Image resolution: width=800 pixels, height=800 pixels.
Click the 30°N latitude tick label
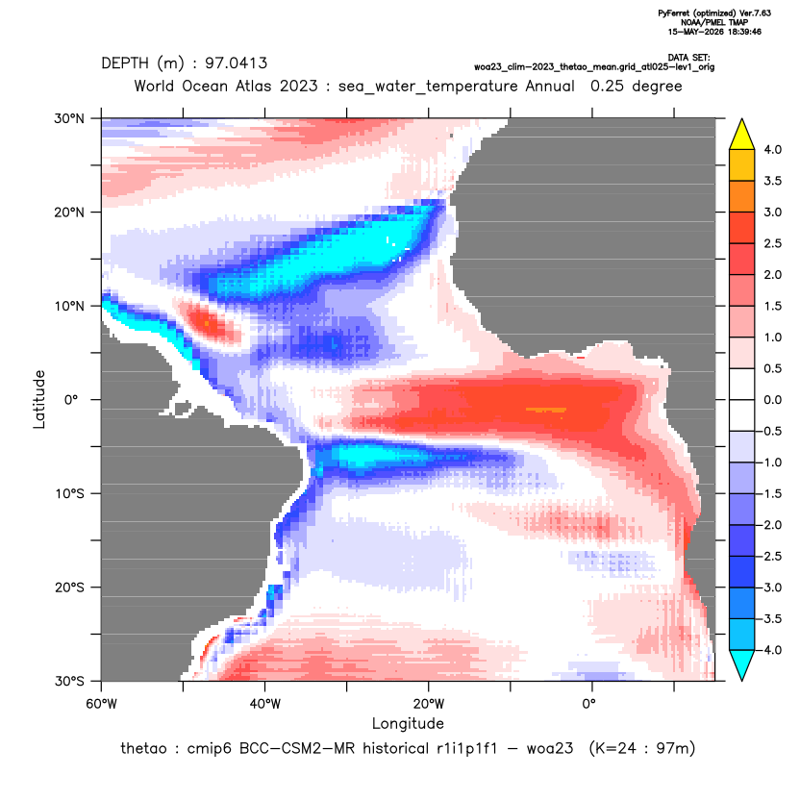coord(69,118)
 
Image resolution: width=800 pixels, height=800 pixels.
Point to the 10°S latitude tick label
coord(69,494)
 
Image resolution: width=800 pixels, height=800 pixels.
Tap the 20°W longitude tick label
coord(429,704)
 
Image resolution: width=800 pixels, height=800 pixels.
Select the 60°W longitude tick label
coord(101,704)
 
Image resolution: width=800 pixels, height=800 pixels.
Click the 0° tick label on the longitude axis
coord(589,704)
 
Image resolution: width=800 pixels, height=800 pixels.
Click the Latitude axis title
coord(39,399)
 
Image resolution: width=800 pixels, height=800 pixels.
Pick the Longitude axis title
coord(408,723)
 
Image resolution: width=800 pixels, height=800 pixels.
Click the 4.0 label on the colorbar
coord(772,149)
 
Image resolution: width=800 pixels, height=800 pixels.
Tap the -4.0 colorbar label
coord(770,650)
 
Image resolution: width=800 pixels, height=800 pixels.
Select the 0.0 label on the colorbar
coord(772,400)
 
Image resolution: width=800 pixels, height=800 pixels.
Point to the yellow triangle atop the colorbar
coord(742,135)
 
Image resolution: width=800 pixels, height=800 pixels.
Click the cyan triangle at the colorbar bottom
coord(742,664)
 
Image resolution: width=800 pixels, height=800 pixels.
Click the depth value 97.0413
coord(236,63)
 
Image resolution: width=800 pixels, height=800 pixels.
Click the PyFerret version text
coord(714,13)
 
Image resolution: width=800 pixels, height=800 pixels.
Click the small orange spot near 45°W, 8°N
coord(207,323)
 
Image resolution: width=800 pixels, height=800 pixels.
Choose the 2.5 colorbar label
coord(772,243)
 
